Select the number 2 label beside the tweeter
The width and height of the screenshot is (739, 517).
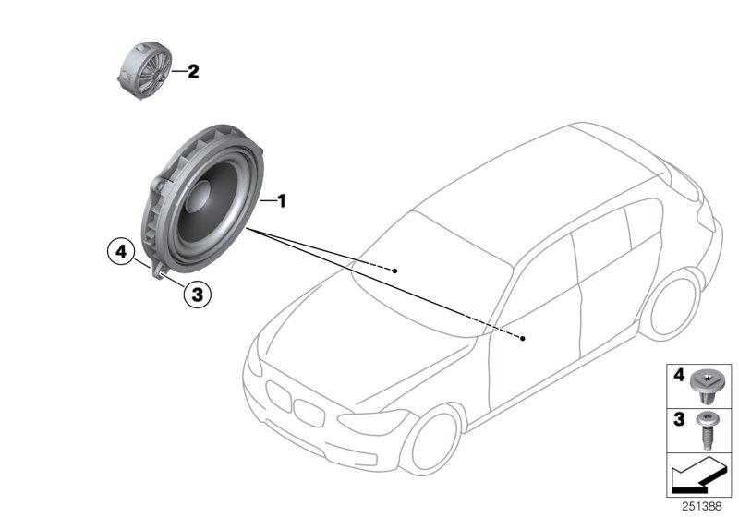(193, 71)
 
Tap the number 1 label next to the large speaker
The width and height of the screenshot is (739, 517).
(284, 199)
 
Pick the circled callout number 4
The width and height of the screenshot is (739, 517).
(118, 249)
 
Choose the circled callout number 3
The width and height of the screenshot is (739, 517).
(197, 295)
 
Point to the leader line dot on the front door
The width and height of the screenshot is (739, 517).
(523, 339)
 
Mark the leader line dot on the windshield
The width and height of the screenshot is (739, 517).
(394, 271)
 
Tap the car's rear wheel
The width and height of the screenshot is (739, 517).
(673, 304)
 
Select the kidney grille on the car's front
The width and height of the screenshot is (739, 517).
(291, 403)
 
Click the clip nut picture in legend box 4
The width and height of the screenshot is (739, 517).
(707, 382)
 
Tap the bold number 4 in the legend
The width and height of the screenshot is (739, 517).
(677, 376)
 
